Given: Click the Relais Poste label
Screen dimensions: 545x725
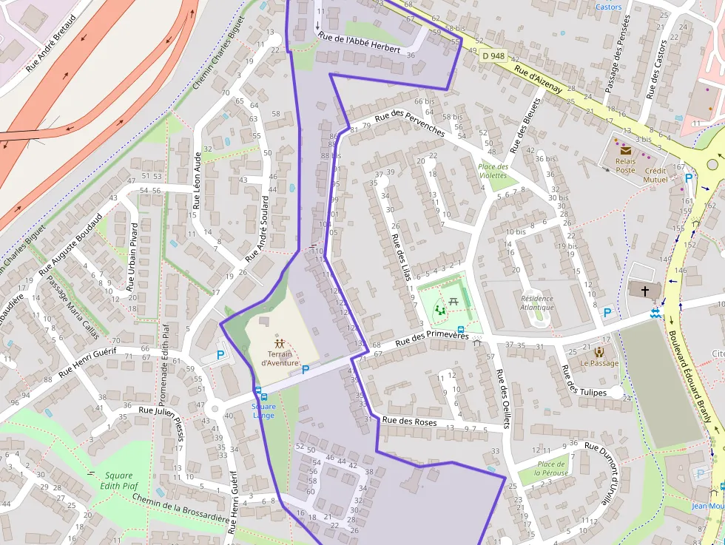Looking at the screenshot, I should [626, 165].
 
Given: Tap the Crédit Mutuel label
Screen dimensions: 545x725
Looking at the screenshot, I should [655, 175].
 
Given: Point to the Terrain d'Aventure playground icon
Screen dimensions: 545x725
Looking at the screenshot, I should [280, 344].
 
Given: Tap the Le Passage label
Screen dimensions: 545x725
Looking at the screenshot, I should [599, 363].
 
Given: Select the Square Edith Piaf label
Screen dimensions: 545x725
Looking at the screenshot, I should [118, 481].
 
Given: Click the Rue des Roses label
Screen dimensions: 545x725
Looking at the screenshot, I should [409, 422].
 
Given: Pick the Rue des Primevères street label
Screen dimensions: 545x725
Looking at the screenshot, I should [432, 339].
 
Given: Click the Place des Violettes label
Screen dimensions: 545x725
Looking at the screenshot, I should [493, 171].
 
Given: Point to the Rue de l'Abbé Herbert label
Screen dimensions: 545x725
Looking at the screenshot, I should [359, 44].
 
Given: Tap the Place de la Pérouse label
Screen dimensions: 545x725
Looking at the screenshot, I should [553, 468].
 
